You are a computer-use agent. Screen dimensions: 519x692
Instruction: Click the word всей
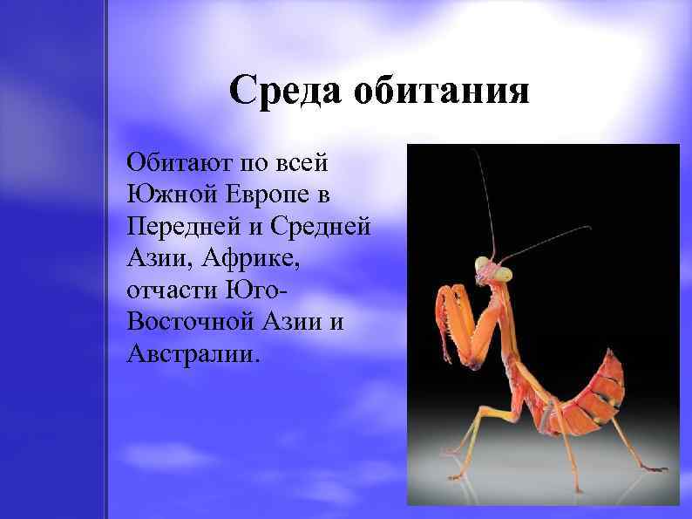click(x=320, y=162)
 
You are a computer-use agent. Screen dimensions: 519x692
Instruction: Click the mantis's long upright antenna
click(x=485, y=201)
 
